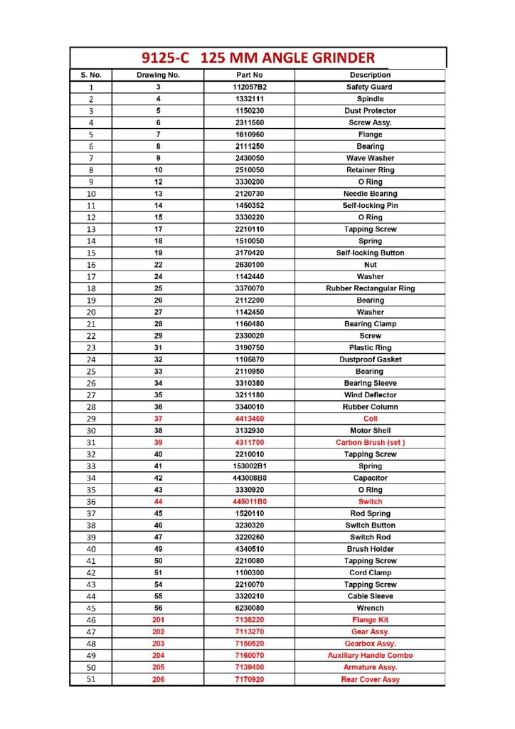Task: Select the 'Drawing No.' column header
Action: click(158, 75)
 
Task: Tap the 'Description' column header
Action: click(370, 75)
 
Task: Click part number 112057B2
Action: click(249, 87)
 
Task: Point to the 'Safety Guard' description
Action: click(370, 87)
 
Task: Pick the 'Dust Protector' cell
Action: click(370, 110)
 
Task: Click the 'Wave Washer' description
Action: click(370, 158)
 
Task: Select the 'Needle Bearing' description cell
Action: click(370, 194)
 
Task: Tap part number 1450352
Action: click(249, 205)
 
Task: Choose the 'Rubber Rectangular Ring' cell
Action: click(370, 288)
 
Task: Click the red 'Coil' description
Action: click(370, 419)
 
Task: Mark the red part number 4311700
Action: click(249, 442)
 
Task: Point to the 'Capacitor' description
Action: click(370, 478)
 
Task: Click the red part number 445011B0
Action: click(249, 501)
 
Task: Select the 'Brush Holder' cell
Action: click(370, 549)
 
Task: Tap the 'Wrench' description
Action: click(370, 608)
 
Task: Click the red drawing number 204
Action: click(158, 655)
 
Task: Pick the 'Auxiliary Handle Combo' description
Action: click(370, 655)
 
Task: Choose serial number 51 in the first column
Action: click(90, 679)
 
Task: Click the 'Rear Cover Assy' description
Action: click(370, 679)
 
